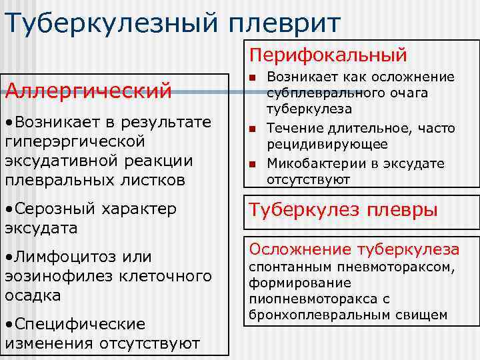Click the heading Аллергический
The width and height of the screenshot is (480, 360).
tap(88, 89)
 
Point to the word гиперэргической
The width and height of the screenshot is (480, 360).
tap(75, 141)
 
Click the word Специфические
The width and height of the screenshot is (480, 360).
tap(79, 324)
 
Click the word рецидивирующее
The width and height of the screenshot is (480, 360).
tap(327, 145)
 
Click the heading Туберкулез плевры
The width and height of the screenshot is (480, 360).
tap(343, 211)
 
